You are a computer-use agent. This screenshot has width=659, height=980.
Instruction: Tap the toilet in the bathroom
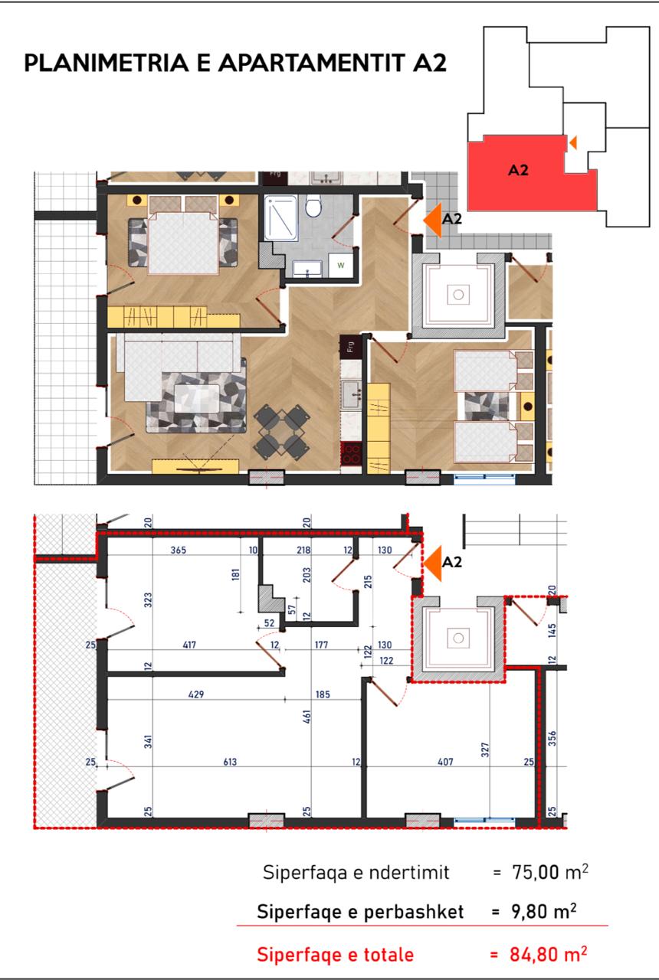[313, 207]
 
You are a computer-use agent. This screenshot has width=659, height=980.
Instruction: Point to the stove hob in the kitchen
[351, 452]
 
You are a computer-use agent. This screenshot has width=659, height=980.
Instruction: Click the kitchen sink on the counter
[352, 396]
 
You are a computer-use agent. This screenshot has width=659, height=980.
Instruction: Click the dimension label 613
[230, 762]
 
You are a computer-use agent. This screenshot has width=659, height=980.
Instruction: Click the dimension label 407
[445, 762]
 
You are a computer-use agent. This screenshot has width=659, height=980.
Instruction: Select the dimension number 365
[179, 550]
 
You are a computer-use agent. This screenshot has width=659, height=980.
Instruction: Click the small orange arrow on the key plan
[572, 142]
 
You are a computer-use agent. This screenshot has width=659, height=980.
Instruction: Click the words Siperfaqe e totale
[335, 955]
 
